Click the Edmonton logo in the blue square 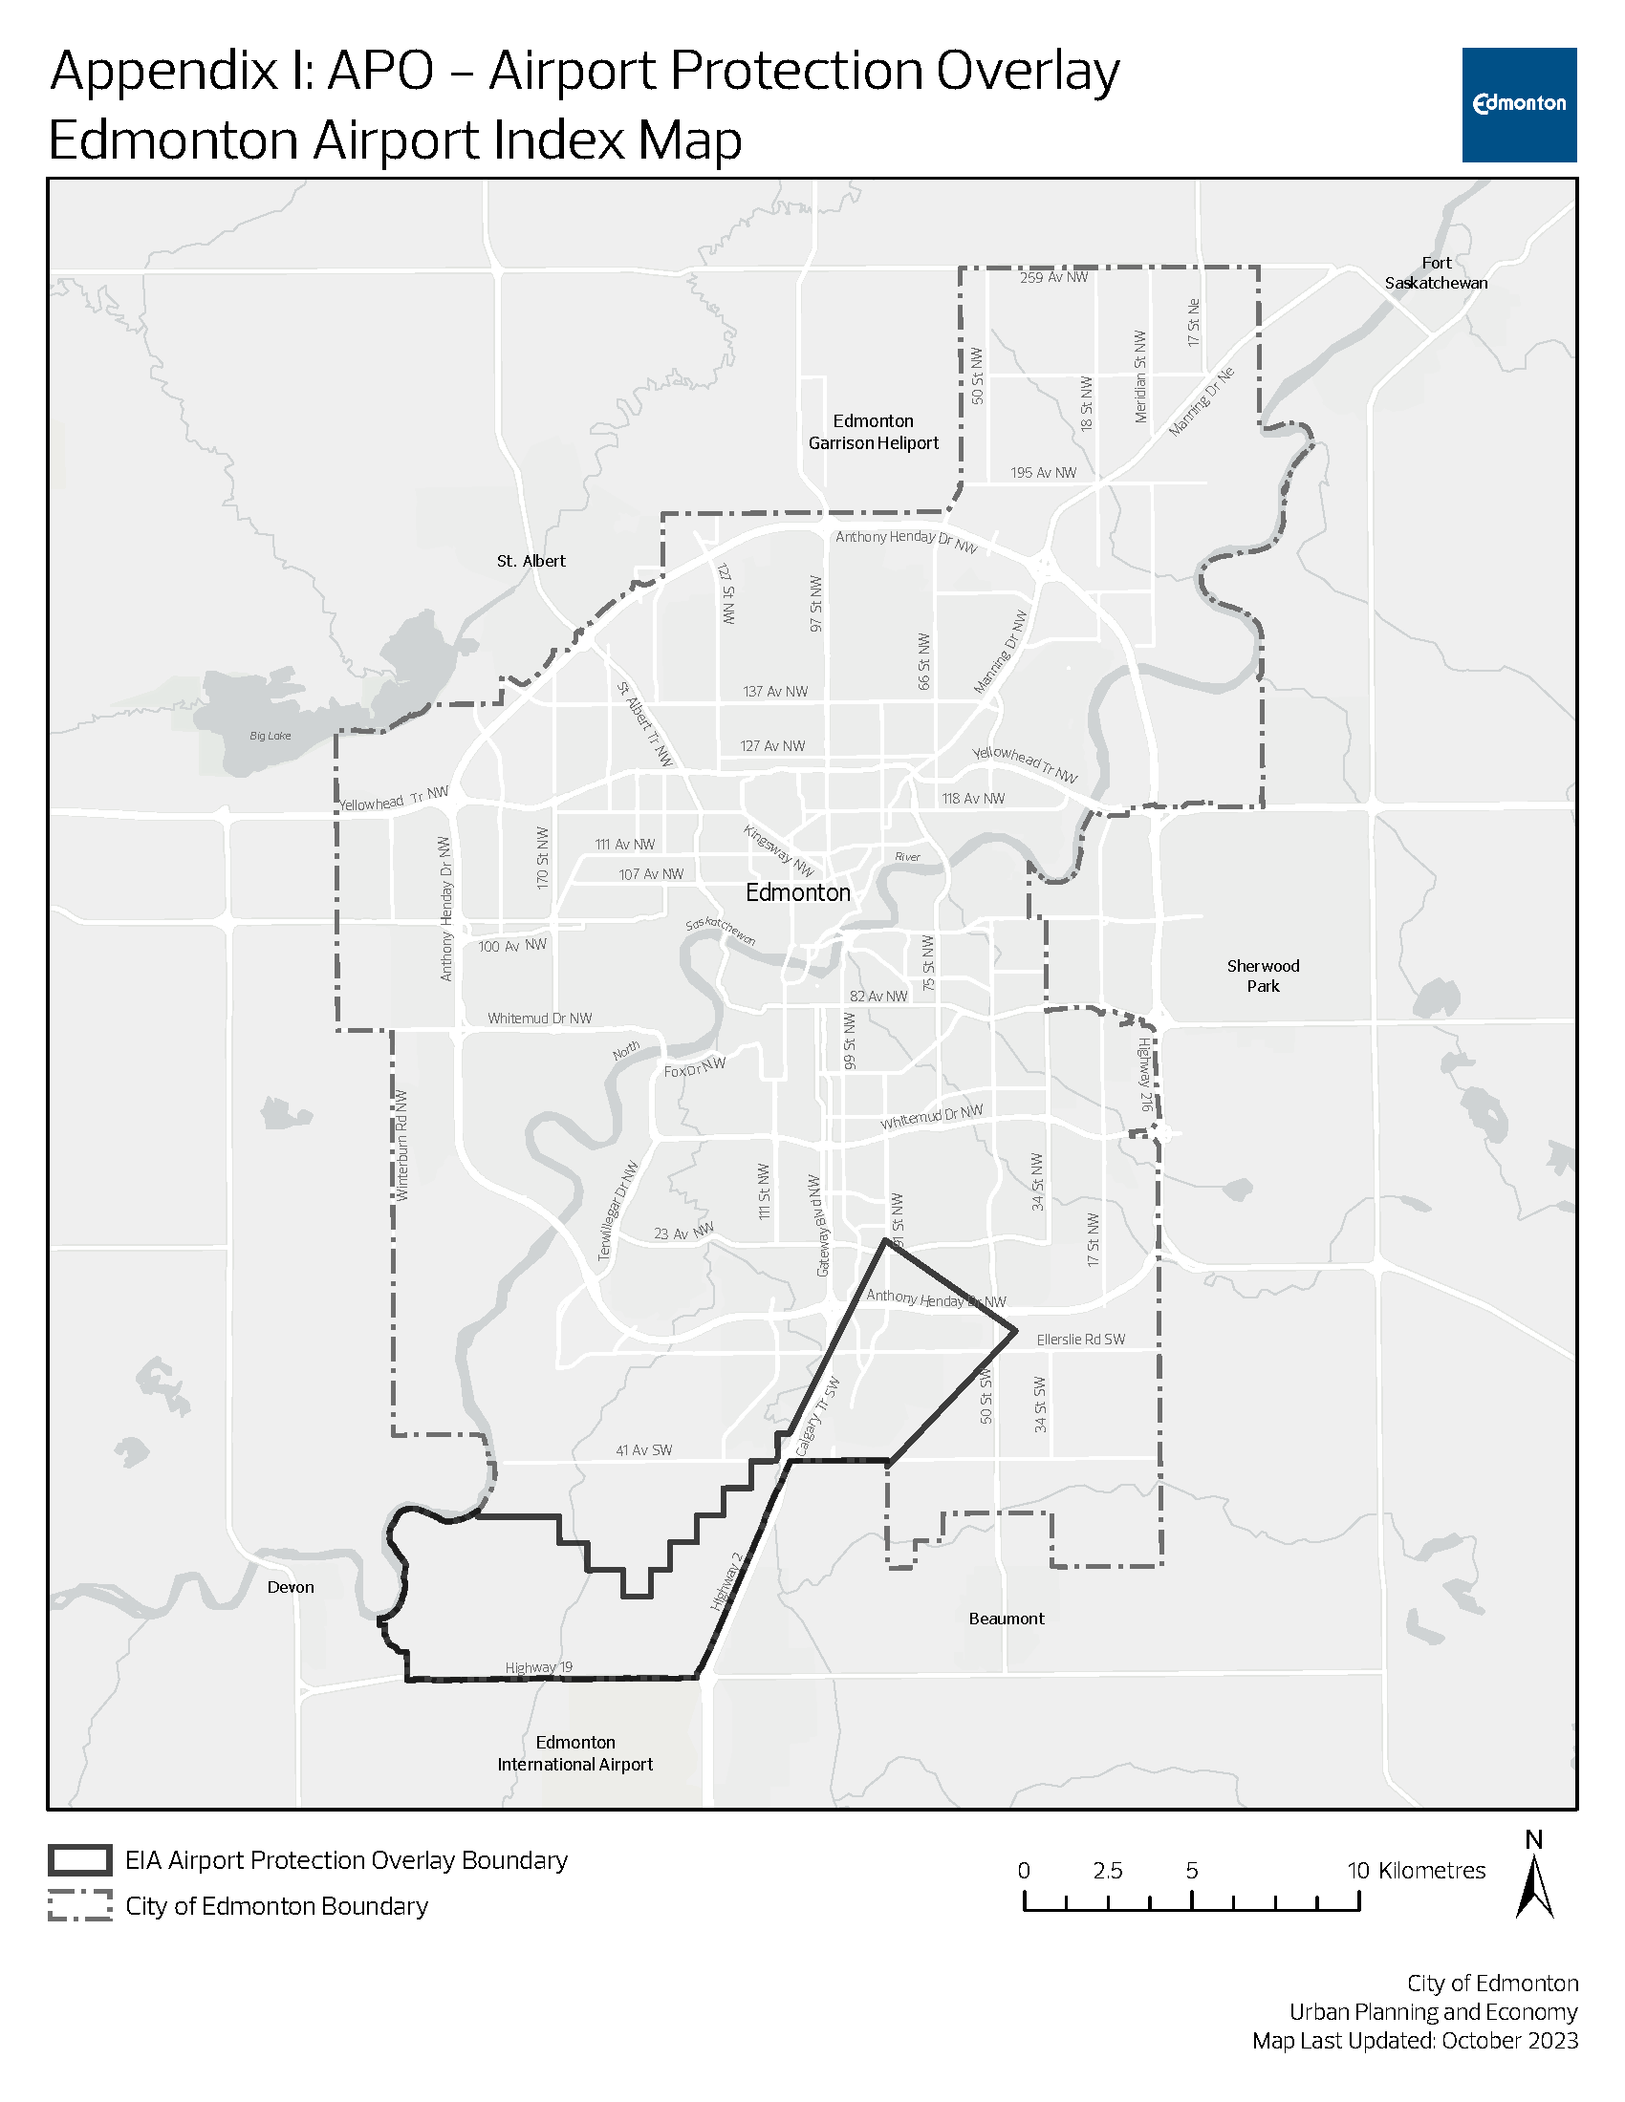pyautogui.click(x=1518, y=104)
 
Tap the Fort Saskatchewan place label pyautogui.click(x=1436, y=272)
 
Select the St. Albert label pyautogui.click(x=531, y=561)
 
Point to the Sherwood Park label pyautogui.click(x=1262, y=975)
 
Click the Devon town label pyautogui.click(x=291, y=1587)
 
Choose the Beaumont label pyautogui.click(x=1006, y=1618)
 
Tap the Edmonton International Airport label pyautogui.click(x=574, y=1752)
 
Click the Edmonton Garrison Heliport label pyautogui.click(x=873, y=432)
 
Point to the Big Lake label pyautogui.click(x=270, y=737)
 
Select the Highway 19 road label pyautogui.click(x=538, y=1667)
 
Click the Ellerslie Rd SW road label pyautogui.click(x=1080, y=1339)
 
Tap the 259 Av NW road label pyautogui.click(x=1053, y=277)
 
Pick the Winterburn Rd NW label pyautogui.click(x=402, y=1146)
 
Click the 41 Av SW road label pyautogui.click(x=644, y=1449)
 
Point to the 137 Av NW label pyautogui.click(x=775, y=691)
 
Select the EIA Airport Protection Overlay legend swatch pyautogui.click(x=80, y=1859)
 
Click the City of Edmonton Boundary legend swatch pyautogui.click(x=80, y=1906)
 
